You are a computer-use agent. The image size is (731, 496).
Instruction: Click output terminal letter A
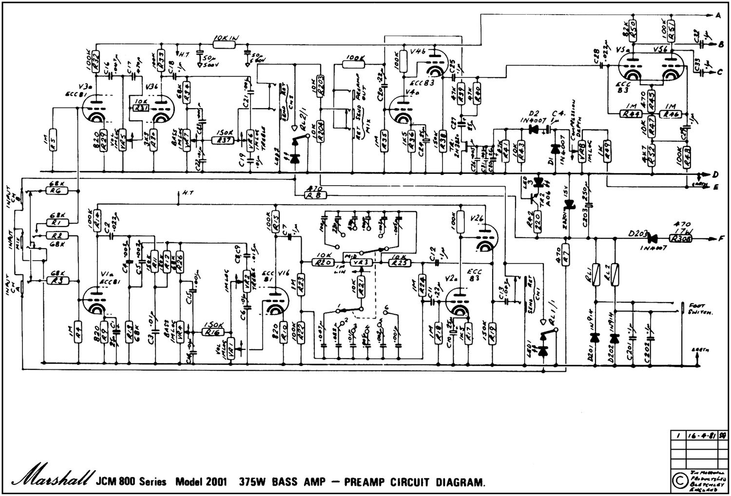717,16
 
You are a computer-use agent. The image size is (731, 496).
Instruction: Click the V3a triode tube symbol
93,109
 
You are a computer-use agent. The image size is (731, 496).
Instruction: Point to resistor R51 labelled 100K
671,26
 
